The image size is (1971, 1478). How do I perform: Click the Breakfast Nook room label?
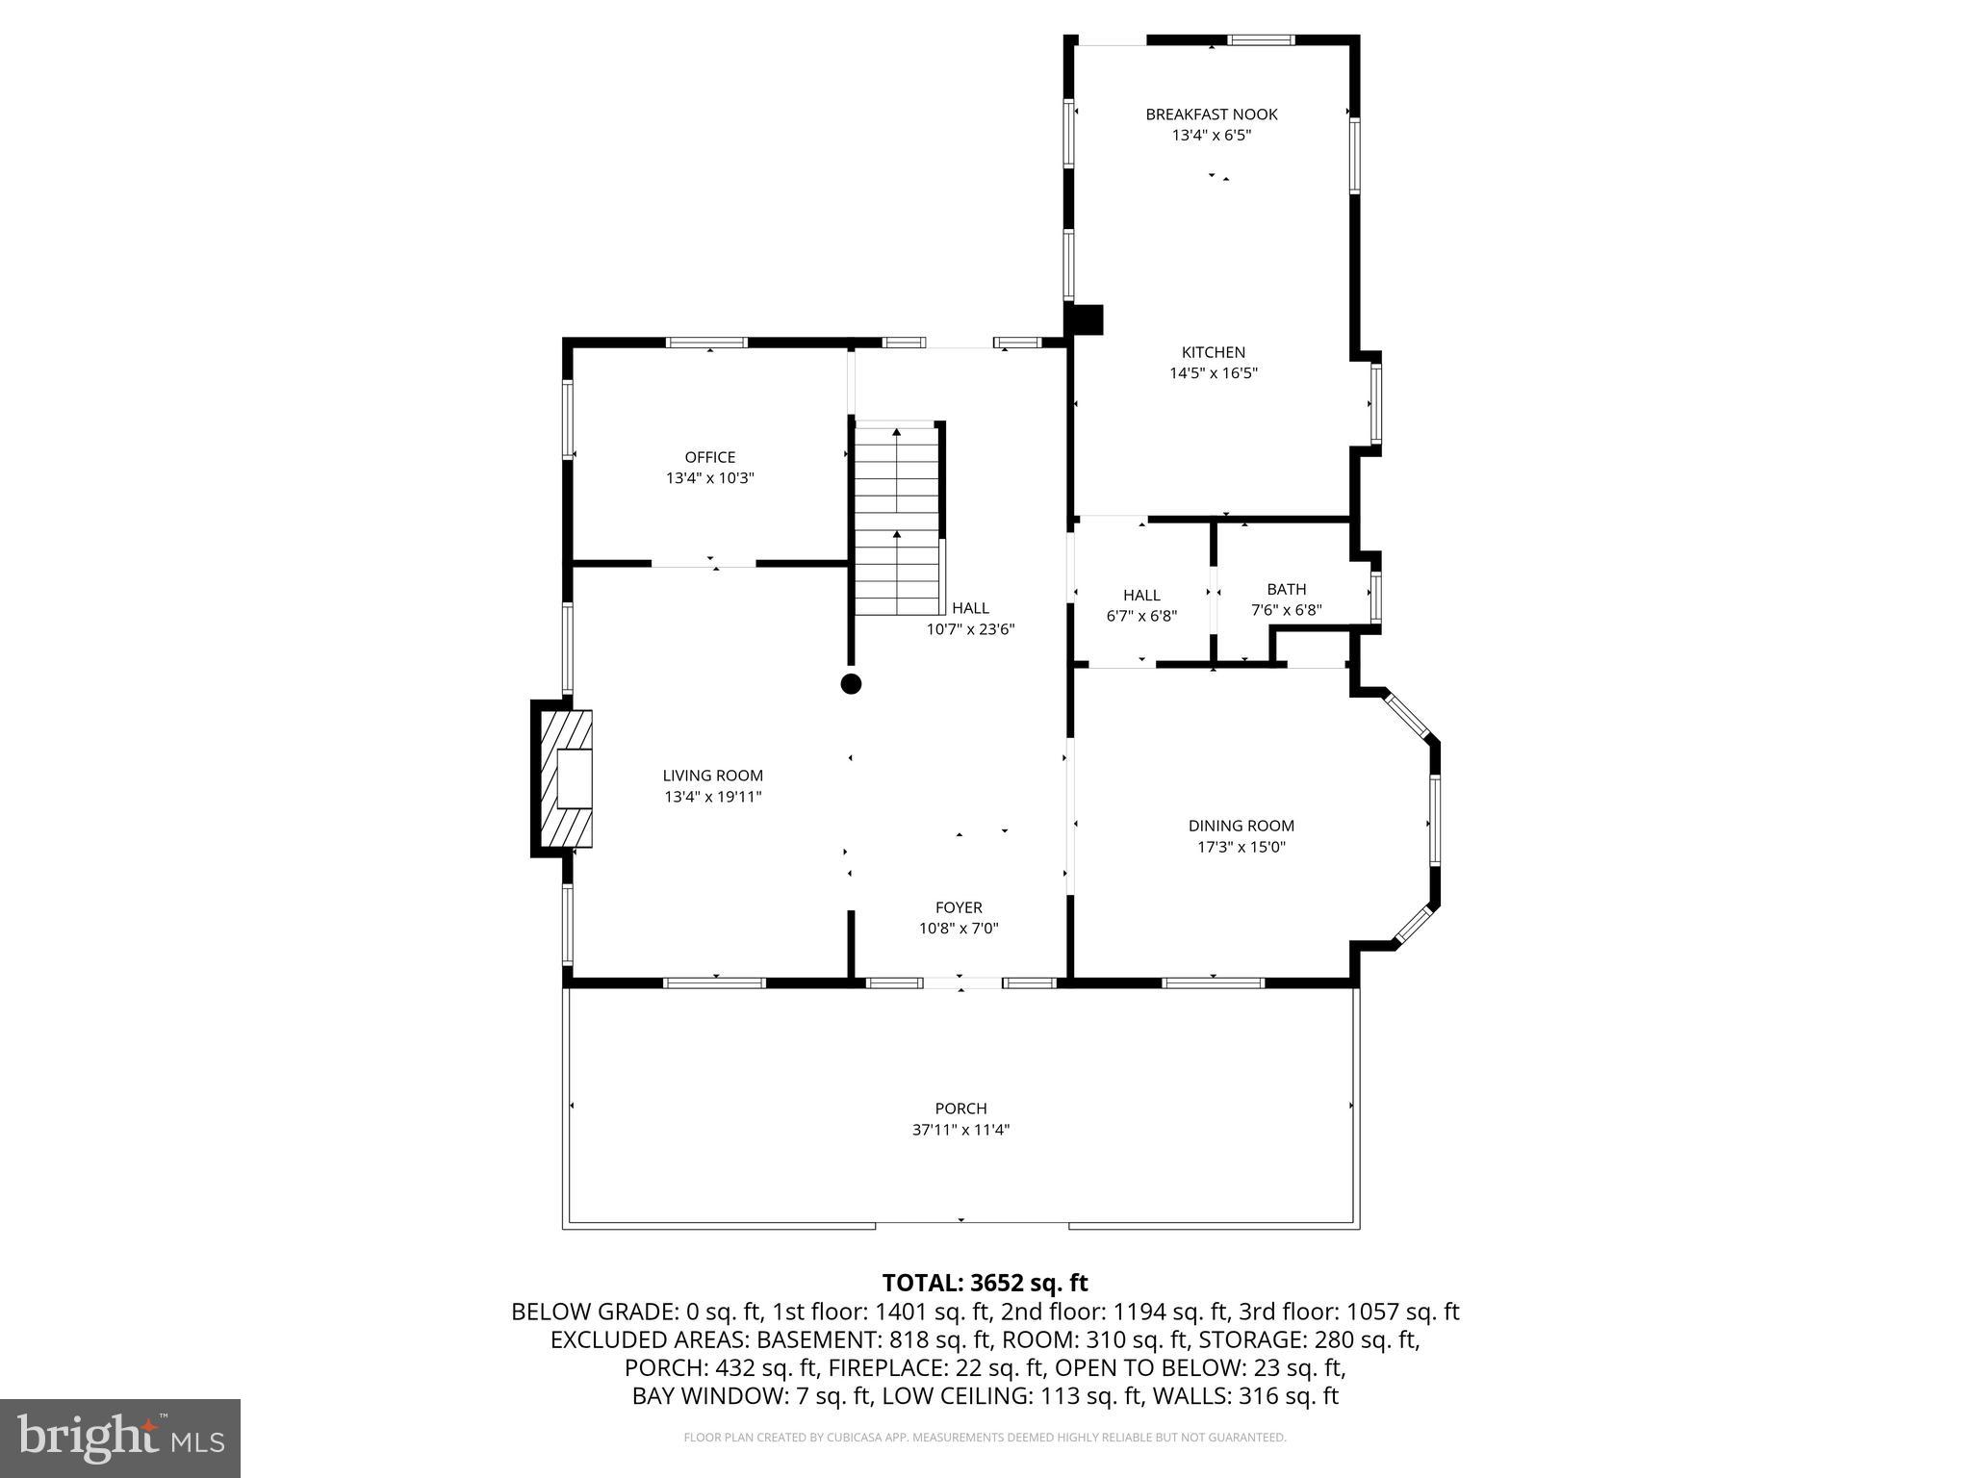(x=1211, y=115)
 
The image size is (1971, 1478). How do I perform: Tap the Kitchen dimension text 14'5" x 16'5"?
(x=1213, y=373)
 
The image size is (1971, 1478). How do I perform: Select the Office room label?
(x=709, y=457)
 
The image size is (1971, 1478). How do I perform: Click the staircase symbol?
(x=897, y=520)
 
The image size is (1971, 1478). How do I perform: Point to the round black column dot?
(x=851, y=684)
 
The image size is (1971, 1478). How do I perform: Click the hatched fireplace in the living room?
(x=565, y=778)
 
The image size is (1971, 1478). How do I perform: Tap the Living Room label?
(x=712, y=776)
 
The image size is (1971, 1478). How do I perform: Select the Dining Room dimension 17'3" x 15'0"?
(x=1241, y=847)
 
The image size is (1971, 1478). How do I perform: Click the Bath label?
(x=1286, y=589)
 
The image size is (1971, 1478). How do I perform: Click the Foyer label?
(x=959, y=907)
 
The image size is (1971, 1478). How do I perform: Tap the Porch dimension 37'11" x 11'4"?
(x=960, y=1130)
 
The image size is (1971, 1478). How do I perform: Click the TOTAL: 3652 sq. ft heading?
(x=985, y=1283)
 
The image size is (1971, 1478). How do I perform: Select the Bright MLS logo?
(x=120, y=1438)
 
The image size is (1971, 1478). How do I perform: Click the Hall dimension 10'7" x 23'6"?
(x=970, y=629)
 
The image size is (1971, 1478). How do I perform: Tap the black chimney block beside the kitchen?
(x=1087, y=320)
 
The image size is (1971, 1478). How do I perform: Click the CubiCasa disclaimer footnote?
(x=985, y=1438)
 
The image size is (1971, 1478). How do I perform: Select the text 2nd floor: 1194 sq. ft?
(x=1114, y=1312)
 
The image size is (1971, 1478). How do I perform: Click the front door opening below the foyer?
(x=960, y=982)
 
